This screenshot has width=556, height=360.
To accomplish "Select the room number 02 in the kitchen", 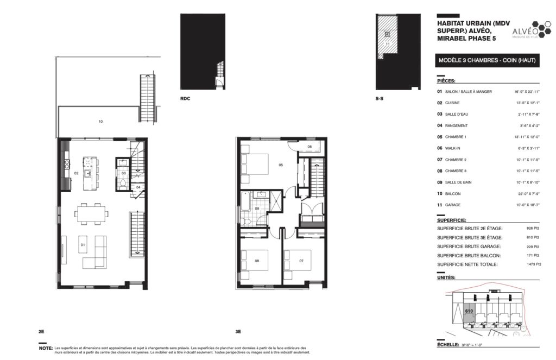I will [77, 173].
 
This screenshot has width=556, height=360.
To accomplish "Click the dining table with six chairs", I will [91, 213].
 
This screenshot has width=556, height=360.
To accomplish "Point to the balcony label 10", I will [100, 122].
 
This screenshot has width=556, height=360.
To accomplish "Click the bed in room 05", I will [256, 163].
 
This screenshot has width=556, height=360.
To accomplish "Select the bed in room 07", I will [298, 262].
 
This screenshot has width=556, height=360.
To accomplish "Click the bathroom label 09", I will [257, 208].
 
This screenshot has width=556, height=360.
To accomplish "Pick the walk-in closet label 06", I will [309, 147].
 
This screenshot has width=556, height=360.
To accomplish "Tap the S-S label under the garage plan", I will [380, 99].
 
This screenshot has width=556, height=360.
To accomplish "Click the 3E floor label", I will [238, 331].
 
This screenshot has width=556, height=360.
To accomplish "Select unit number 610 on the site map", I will [469, 311].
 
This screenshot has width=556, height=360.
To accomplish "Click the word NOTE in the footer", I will [45, 348].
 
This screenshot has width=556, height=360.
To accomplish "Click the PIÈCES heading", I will [446, 80].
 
